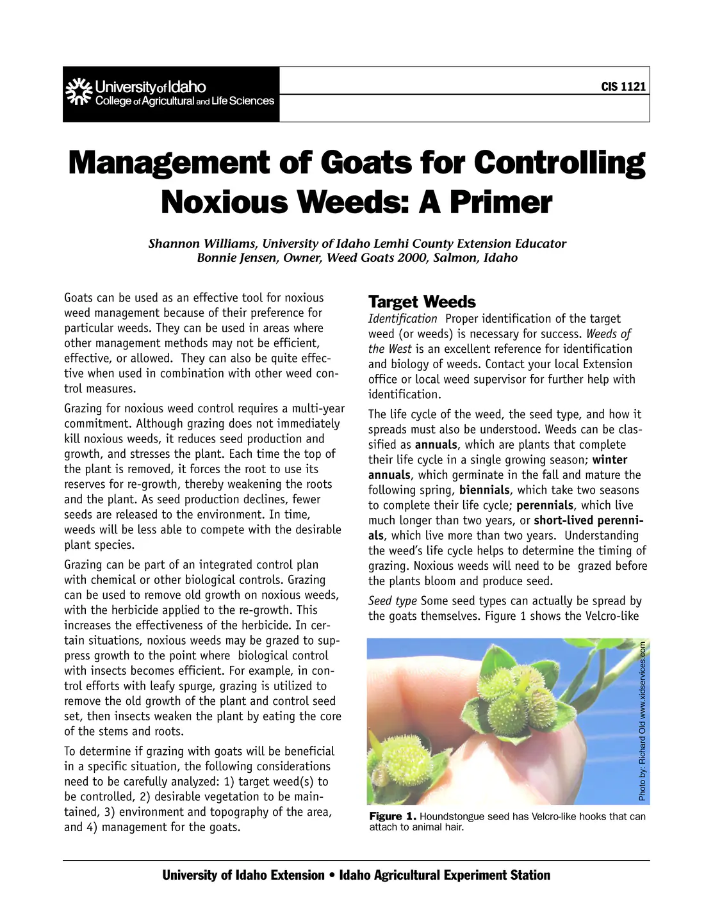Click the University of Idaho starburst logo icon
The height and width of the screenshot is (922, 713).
point(78,92)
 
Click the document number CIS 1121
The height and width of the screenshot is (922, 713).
point(623,87)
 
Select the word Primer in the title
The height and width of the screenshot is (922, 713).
point(500,202)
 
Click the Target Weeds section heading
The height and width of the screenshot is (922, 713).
point(422,302)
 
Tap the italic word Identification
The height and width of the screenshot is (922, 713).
point(402,319)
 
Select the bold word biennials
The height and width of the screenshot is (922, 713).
point(484,490)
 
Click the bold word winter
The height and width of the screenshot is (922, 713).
point(609,460)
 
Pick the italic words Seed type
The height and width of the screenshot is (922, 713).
point(392,601)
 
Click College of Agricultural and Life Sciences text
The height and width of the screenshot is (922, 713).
point(184,101)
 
